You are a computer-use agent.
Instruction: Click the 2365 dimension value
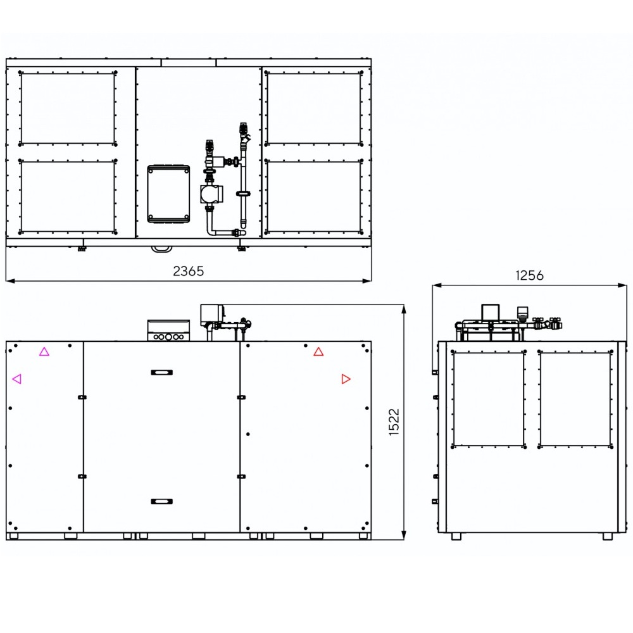coord(188,271)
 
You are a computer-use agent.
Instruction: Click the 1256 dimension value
coord(529,275)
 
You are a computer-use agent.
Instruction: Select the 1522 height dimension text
coord(394,422)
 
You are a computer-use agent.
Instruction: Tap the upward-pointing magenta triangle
coord(44,351)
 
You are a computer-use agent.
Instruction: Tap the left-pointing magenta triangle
coord(17,379)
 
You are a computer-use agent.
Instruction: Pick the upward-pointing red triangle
coord(318,351)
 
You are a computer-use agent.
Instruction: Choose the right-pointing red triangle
coord(346,379)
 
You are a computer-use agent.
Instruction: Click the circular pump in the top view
coord(209,194)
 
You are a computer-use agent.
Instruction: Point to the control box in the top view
coord(168,194)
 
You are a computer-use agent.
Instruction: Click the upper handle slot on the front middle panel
coord(162,372)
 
